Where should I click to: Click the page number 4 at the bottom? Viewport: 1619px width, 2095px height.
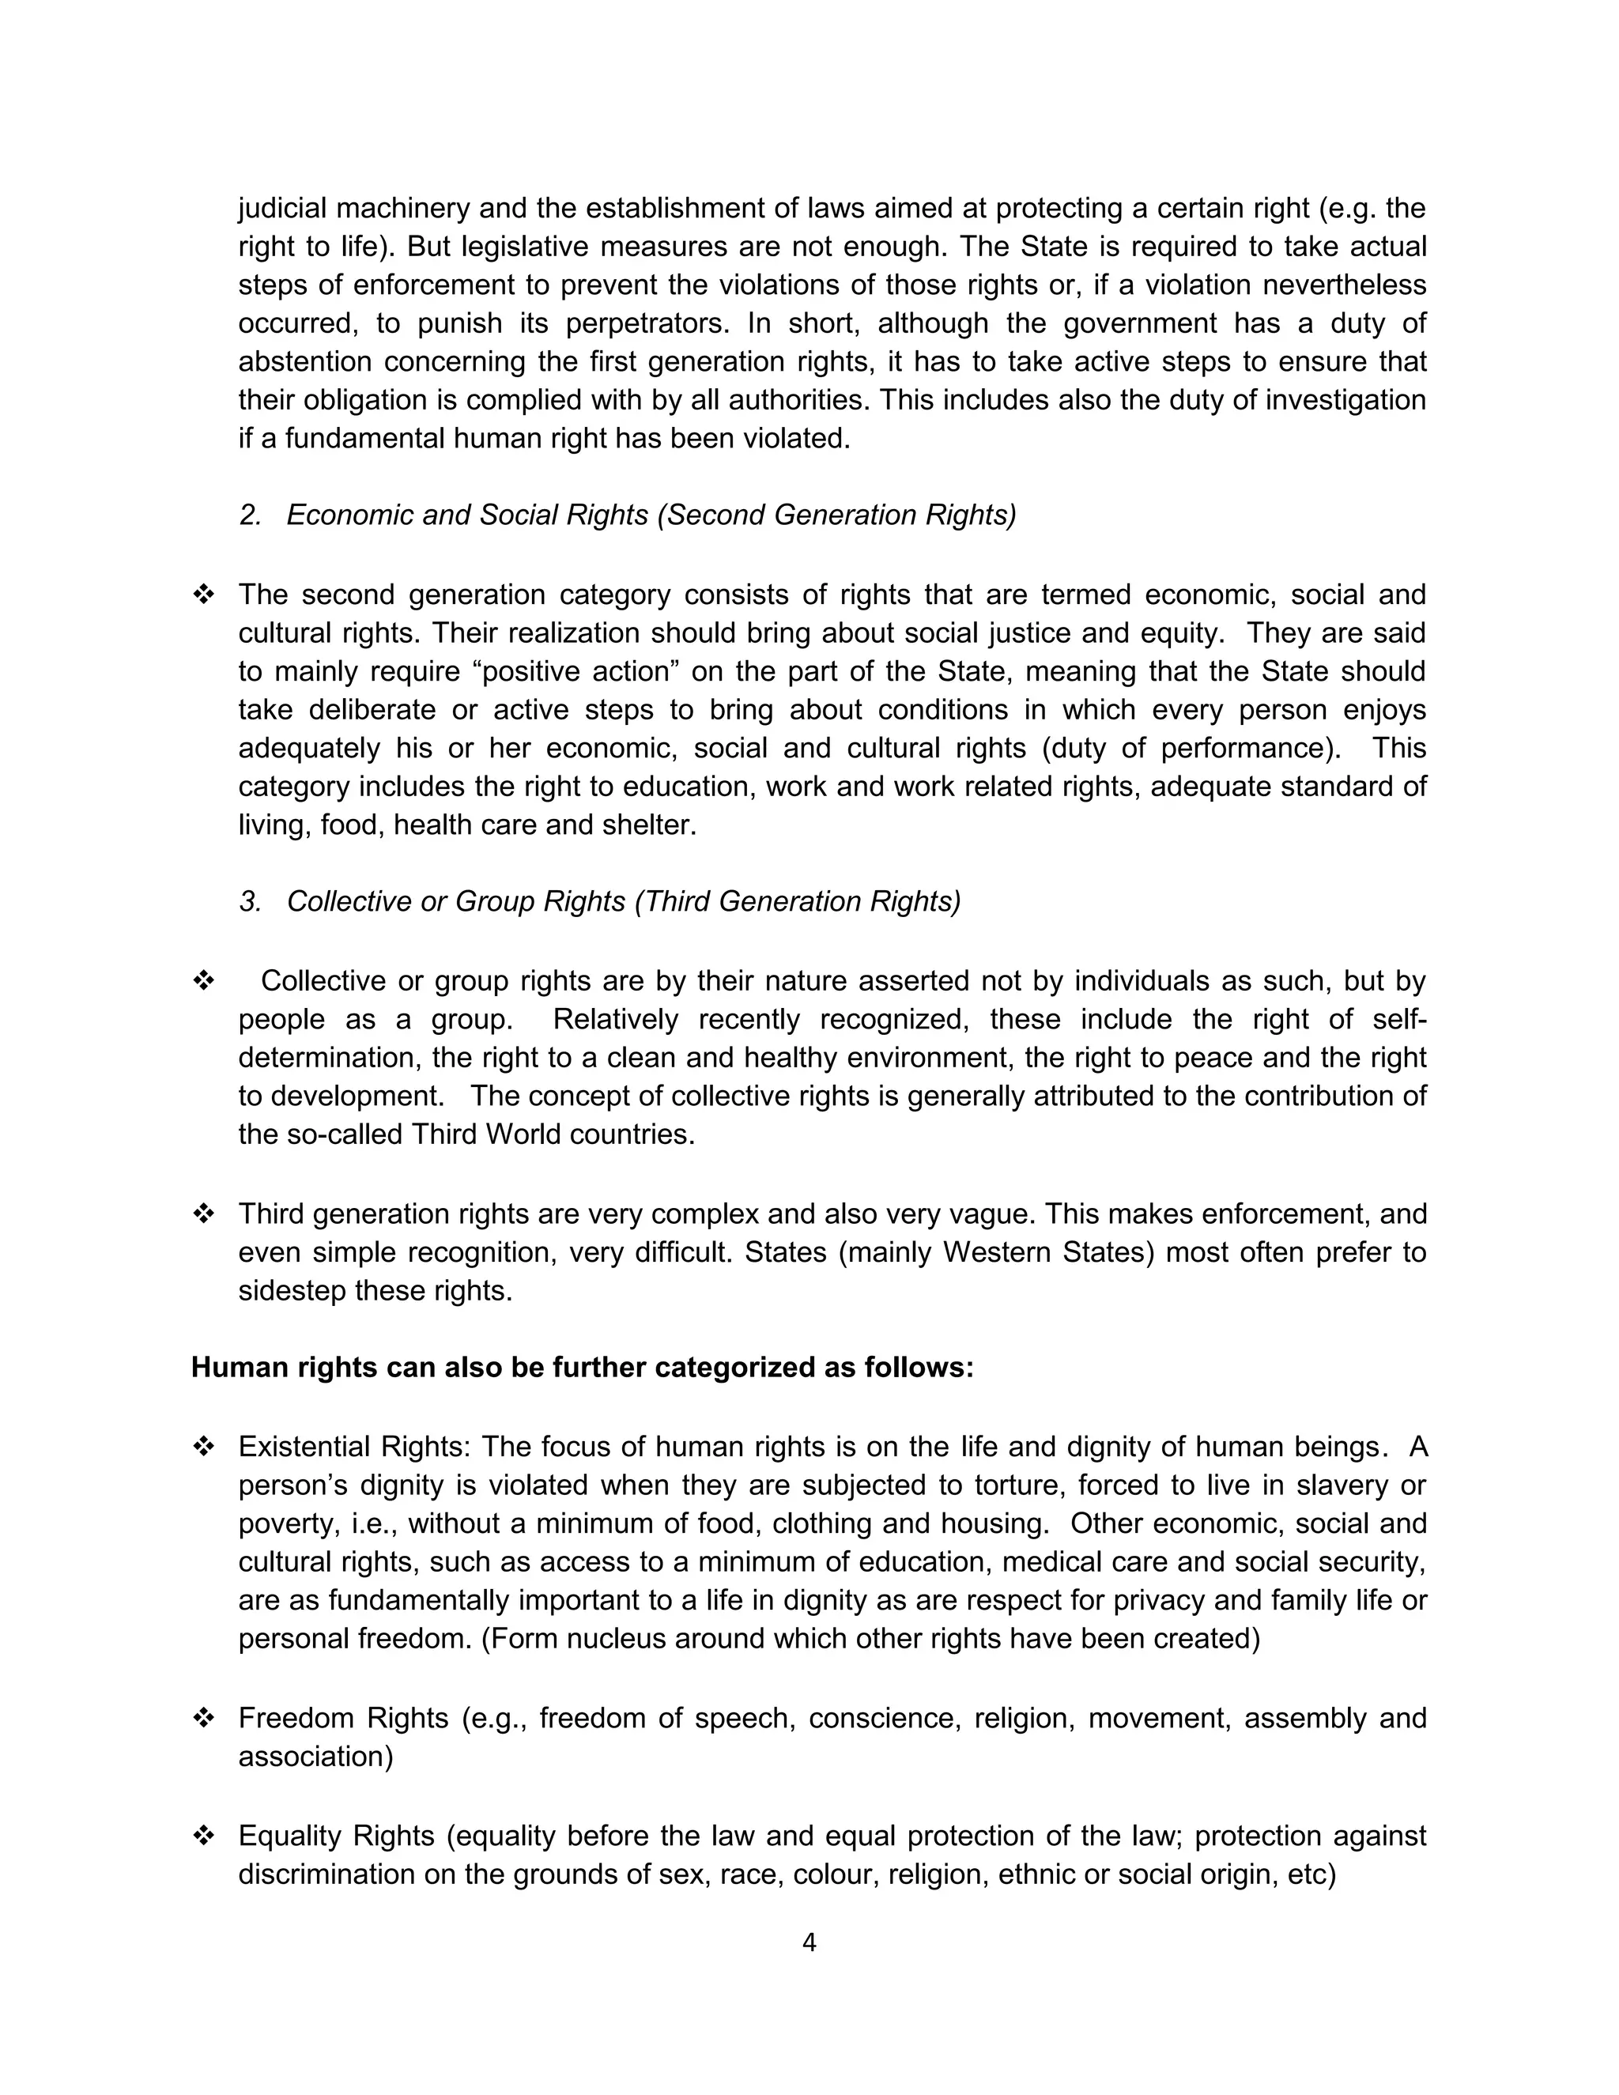pos(809,1943)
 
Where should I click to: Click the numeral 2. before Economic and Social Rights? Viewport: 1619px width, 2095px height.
pos(251,515)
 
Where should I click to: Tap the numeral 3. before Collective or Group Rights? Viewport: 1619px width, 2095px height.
pos(251,902)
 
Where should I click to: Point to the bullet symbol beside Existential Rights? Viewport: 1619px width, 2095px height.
pos(203,1447)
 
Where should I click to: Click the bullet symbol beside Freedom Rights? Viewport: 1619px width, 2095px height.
pos(203,1718)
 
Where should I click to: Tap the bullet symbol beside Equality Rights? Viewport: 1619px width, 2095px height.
pos(203,1836)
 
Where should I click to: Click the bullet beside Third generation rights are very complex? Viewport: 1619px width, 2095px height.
pos(203,1214)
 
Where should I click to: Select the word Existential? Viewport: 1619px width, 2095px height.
pos(305,1447)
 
